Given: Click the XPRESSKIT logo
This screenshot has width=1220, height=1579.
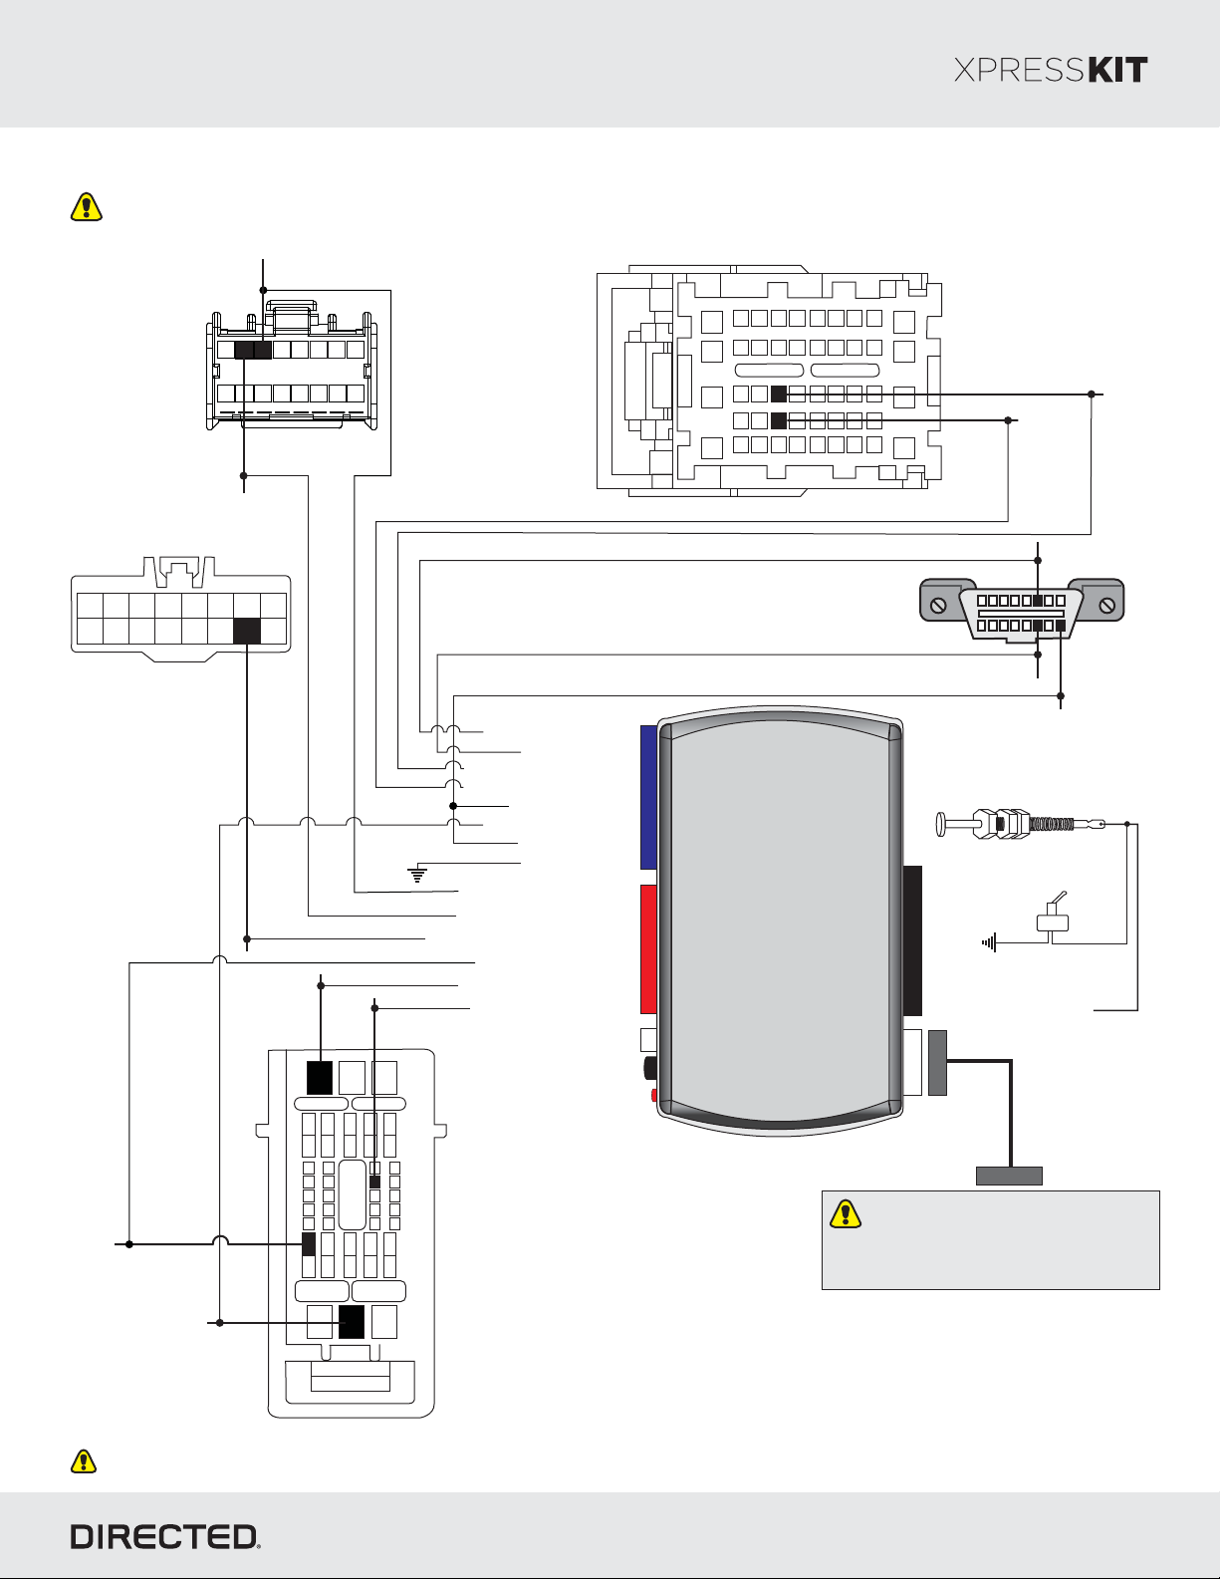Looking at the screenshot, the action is point(1050,70).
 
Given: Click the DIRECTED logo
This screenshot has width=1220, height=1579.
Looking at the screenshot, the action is point(165,1537).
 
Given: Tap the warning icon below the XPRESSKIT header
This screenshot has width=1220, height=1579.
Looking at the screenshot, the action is point(87,206).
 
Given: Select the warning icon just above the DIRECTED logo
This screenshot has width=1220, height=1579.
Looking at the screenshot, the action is point(84,1460).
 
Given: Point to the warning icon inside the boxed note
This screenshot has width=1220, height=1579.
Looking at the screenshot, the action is point(846,1213).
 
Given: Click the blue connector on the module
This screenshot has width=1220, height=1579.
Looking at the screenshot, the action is point(648,797).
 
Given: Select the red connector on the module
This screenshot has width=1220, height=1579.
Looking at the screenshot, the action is point(648,949).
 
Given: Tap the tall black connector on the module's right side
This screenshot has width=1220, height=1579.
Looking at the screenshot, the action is point(913,940).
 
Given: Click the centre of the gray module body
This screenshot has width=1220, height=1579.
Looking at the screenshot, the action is point(780,920).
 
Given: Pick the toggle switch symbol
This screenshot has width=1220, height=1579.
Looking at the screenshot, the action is point(1053,914).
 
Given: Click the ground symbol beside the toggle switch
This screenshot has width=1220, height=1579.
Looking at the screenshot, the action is point(989,943).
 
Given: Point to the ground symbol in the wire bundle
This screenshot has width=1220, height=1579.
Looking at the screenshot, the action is point(417,874).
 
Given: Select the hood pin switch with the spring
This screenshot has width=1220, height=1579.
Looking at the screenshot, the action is point(1020,824).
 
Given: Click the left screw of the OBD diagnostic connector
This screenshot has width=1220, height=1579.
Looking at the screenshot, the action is point(938,606).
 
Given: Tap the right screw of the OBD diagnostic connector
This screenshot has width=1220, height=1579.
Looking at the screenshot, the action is point(1106,606).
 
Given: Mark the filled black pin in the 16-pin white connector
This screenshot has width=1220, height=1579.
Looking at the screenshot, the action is point(247,631).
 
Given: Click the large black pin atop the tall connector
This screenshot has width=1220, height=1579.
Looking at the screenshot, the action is point(320,1078).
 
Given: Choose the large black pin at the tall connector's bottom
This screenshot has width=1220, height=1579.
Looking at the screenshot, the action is point(352,1322).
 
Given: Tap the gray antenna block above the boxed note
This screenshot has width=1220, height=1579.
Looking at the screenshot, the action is point(1009,1176).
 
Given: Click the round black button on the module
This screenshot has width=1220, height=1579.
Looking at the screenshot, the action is point(650,1067).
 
